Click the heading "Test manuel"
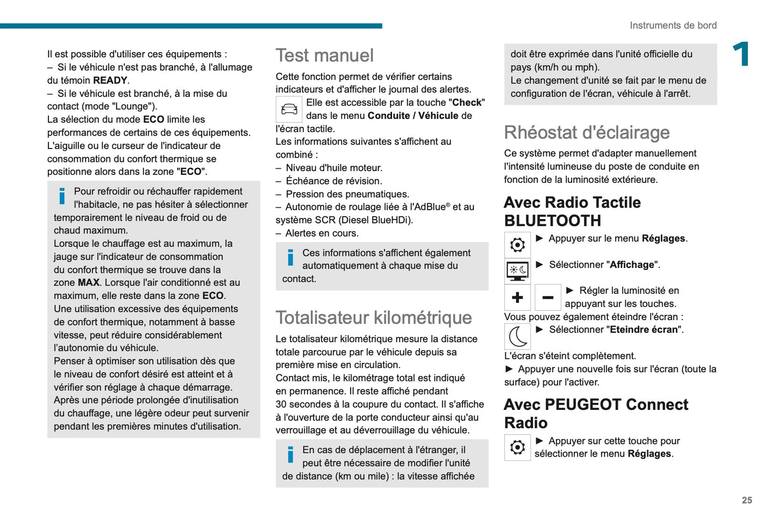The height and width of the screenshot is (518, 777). click(324, 55)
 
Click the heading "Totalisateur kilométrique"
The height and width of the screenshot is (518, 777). click(373, 317)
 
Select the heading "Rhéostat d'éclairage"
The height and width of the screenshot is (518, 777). click(587, 132)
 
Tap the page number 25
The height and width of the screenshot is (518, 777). click(747, 500)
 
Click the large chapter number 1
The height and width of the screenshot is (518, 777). click(742, 54)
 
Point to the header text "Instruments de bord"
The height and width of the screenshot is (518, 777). click(673, 25)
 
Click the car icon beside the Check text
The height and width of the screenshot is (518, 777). click(289, 109)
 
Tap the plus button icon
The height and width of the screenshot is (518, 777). click(517, 297)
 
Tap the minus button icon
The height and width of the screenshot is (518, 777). click(547, 297)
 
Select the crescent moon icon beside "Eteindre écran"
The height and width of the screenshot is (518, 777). click(517, 337)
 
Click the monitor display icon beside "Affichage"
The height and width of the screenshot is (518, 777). click(517, 271)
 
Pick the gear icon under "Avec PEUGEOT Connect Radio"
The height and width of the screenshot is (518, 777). click(517, 447)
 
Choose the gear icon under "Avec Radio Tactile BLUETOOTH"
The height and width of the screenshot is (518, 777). click(517, 245)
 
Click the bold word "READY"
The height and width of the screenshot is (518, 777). click(110, 81)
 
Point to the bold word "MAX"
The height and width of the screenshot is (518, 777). click(89, 282)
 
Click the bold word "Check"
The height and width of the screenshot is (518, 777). click(466, 103)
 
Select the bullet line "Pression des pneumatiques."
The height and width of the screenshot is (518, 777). click(347, 194)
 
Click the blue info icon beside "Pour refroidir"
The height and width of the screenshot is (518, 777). click(62, 196)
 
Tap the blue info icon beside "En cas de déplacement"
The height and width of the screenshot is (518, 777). click(290, 455)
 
